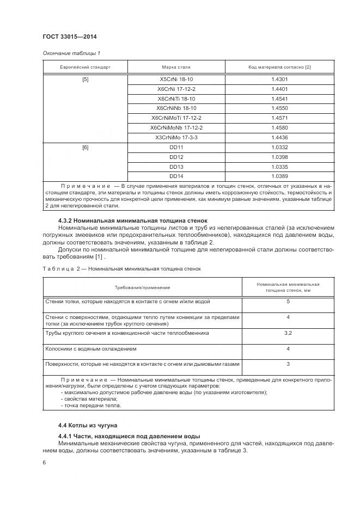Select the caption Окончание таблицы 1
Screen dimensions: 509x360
point(71,53)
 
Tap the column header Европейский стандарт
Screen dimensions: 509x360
point(85,68)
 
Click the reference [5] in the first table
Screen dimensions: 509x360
point(85,79)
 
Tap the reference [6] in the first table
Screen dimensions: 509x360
point(85,148)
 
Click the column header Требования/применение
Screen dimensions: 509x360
point(142,287)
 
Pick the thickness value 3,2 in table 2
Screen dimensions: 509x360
point(288,333)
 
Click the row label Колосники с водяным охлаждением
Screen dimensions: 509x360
point(90,348)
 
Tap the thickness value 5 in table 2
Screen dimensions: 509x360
point(288,302)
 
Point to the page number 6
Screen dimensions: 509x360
point(44,463)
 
